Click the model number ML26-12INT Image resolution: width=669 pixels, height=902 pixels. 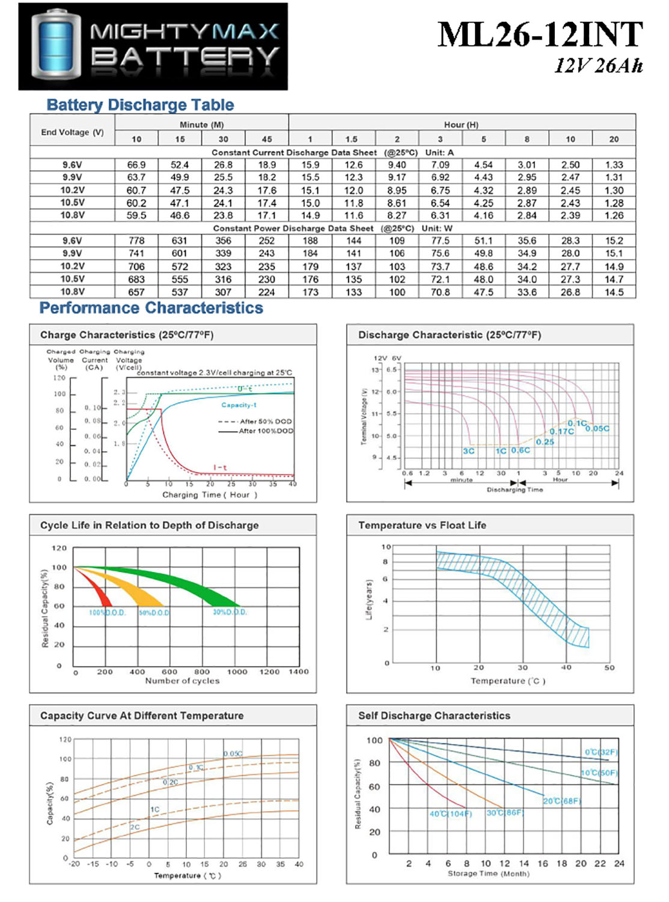tap(540, 35)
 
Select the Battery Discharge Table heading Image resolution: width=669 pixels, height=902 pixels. tap(140, 105)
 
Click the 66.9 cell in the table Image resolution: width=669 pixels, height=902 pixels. tap(136, 165)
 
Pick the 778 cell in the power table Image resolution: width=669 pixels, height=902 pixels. tap(136, 241)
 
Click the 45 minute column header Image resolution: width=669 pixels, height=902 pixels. tap(267, 139)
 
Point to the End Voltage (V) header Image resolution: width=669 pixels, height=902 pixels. tap(72, 132)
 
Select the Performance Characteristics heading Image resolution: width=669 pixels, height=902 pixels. tap(151, 308)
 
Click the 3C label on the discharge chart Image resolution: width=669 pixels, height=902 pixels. tap(469, 450)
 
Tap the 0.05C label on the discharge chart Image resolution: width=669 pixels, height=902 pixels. tap(597, 428)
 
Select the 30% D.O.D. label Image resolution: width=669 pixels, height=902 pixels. tap(230, 612)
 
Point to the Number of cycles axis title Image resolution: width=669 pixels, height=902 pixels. tap(182, 681)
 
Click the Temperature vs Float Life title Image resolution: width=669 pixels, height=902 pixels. tap(422, 525)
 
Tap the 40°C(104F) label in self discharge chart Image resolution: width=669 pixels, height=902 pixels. tap(451, 814)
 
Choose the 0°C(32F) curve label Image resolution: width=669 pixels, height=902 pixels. tap(600, 752)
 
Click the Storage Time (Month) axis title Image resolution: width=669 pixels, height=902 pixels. tap(488, 874)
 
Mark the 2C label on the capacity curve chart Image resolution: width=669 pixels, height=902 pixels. tap(135, 827)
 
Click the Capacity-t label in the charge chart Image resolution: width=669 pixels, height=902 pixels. tap(239, 405)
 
